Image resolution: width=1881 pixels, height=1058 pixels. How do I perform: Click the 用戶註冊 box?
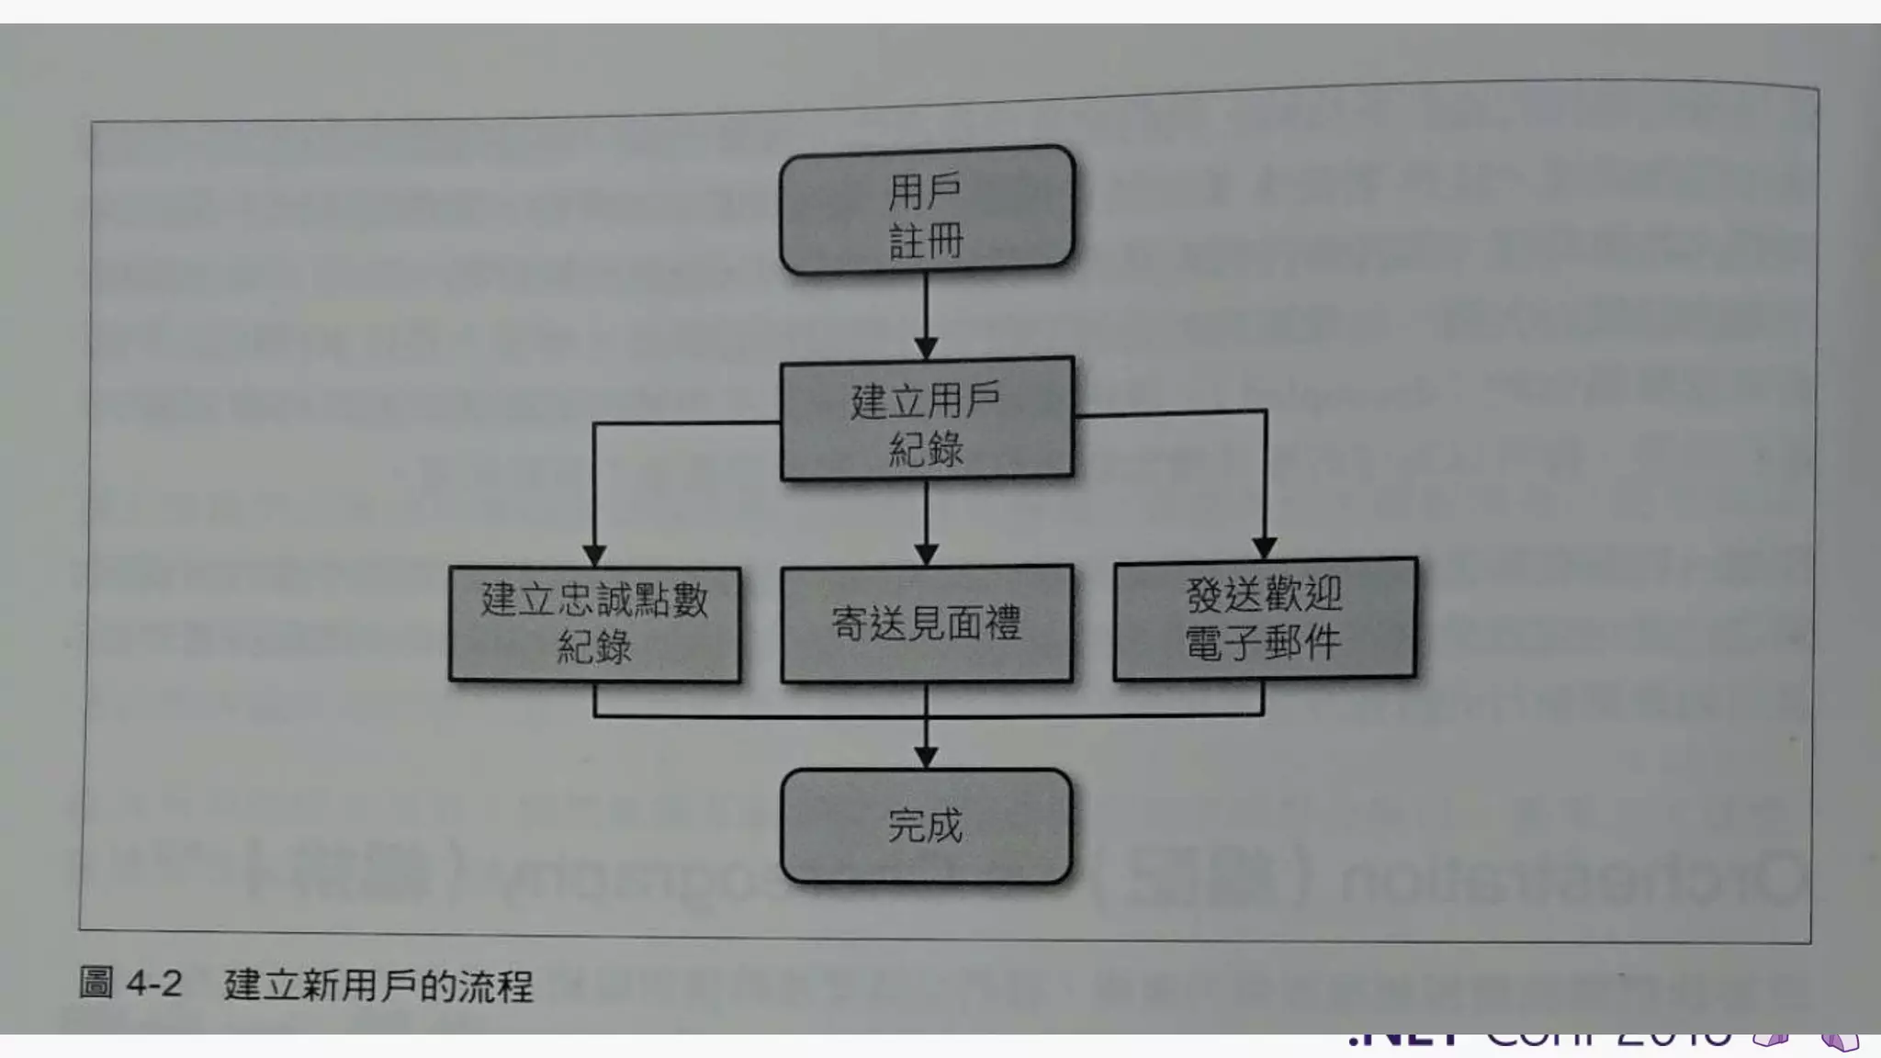point(926,209)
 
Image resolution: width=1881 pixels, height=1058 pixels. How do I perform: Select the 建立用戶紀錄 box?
point(926,420)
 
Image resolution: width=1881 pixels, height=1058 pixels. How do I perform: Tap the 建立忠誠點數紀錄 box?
point(594,624)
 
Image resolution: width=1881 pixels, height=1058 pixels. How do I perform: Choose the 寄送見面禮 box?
point(926,624)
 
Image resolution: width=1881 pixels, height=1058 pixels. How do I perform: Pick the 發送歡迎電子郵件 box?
point(1265,619)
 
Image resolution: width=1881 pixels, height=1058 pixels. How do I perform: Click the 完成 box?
point(926,826)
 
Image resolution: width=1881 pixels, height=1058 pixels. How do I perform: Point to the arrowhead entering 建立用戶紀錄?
point(926,348)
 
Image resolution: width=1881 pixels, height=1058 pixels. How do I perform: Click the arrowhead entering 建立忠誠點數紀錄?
point(594,556)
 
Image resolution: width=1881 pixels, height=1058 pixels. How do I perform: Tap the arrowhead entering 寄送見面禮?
point(926,555)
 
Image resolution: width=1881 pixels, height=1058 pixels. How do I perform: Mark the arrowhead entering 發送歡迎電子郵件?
point(1265,548)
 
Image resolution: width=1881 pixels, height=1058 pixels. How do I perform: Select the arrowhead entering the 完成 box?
point(926,757)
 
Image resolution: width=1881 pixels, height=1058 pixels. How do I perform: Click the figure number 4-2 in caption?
point(153,984)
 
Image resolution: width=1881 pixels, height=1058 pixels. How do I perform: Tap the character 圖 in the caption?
point(96,983)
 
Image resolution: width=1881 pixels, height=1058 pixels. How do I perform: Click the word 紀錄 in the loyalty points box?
point(594,647)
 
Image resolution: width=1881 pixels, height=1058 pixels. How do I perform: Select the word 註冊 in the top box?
point(926,242)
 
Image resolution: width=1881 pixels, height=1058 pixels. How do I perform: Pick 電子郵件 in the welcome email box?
point(1263,642)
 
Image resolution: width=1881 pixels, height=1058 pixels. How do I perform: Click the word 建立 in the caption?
point(253,985)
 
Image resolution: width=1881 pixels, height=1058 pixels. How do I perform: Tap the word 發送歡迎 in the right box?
point(1264,595)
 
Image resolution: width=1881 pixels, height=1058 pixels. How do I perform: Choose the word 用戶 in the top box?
point(925,192)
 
